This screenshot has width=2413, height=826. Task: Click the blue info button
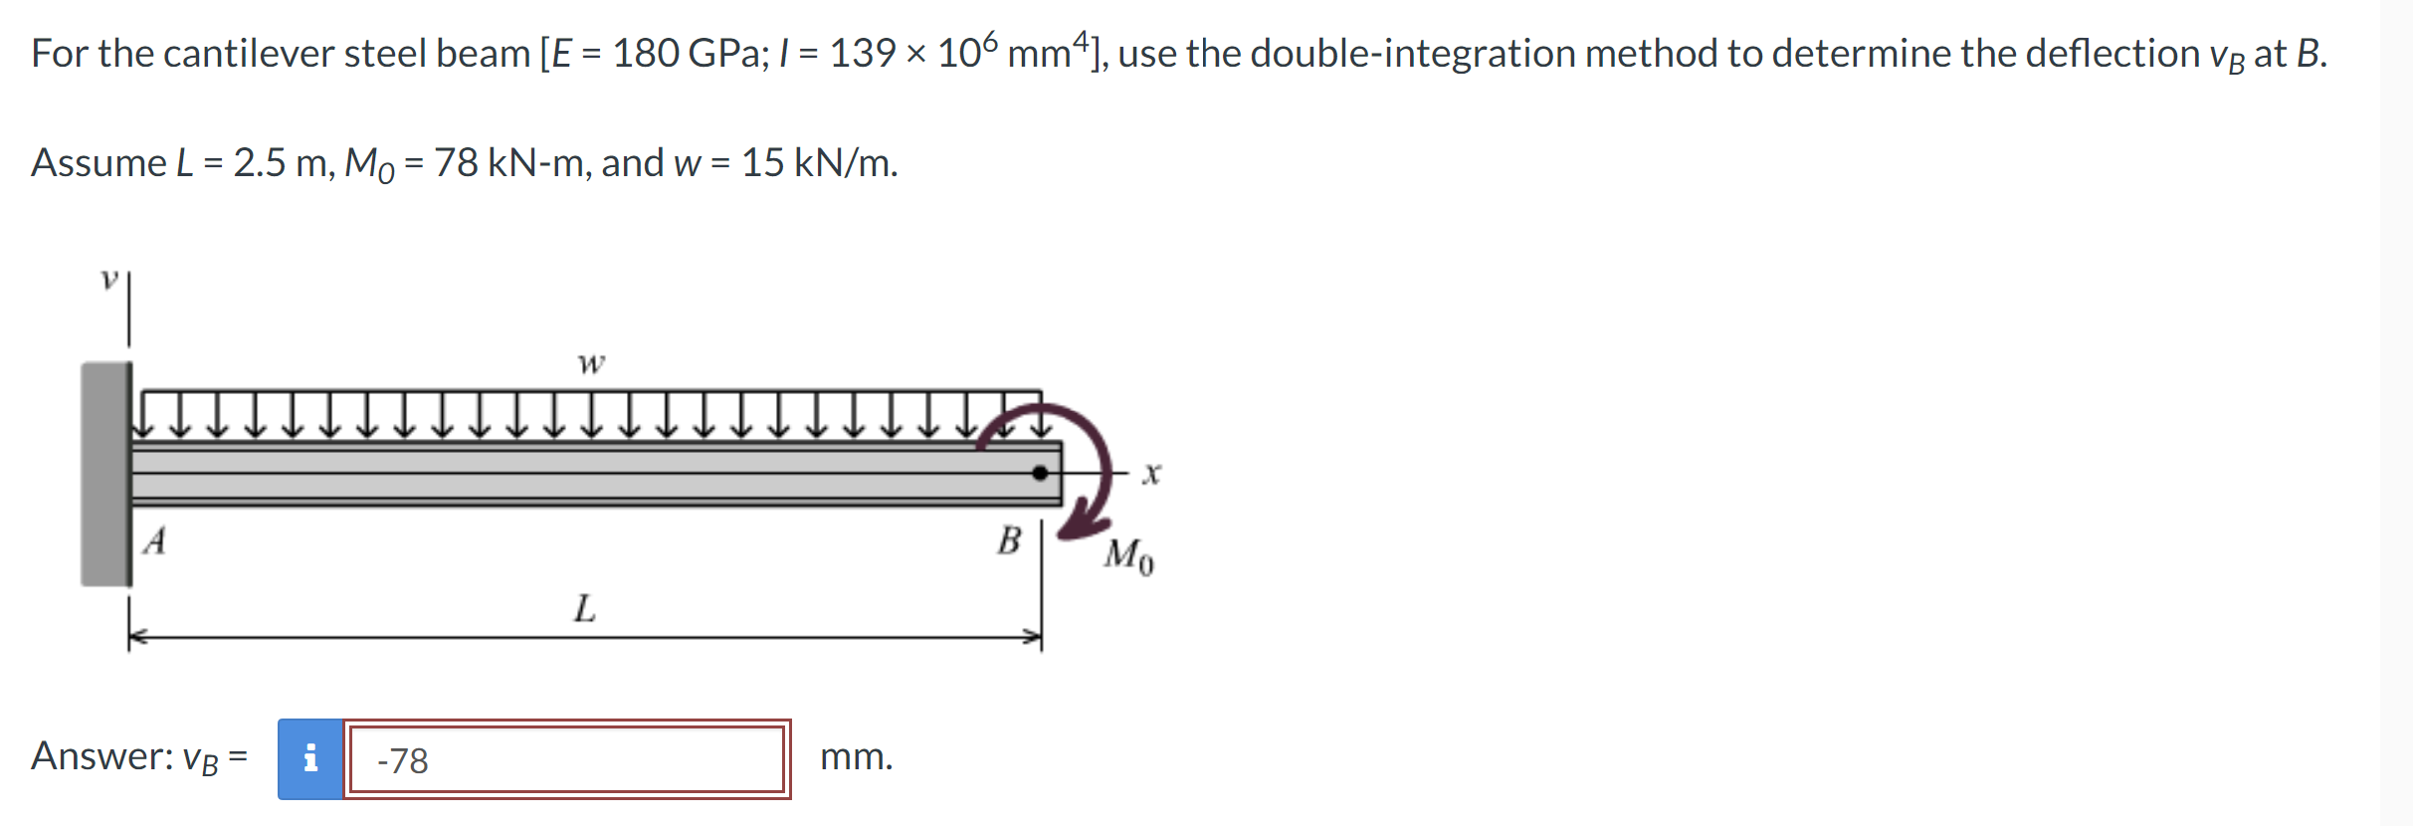[310, 758]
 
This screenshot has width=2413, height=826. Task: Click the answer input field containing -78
[567, 759]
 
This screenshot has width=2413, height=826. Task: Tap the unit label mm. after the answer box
[856, 757]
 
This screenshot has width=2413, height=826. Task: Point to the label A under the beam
[154, 540]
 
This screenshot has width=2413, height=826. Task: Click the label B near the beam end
[1009, 540]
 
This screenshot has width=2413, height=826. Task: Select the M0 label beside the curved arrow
[1129, 556]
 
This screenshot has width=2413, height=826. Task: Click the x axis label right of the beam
[1151, 474]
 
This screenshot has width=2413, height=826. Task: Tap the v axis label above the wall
[109, 280]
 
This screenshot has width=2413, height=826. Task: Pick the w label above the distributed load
[591, 364]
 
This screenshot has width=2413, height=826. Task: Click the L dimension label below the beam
[585, 607]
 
